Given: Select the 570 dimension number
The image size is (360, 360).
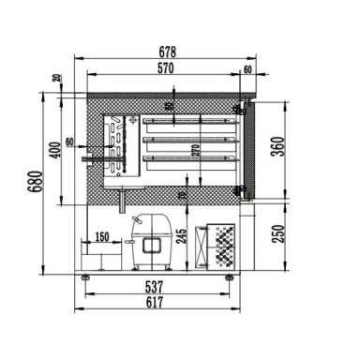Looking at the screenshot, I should click(x=165, y=70).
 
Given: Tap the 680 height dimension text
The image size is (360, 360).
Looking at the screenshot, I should click(x=34, y=181).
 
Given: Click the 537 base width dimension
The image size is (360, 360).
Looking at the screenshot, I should click(x=155, y=286).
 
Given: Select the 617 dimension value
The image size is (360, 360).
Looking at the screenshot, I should click(x=155, y=303).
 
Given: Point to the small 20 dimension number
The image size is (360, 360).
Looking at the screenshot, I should click(x=57, y=79).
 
